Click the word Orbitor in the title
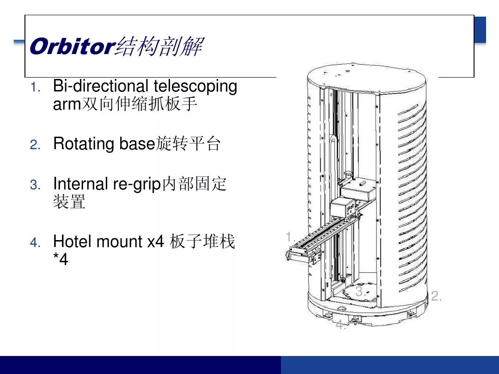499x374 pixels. [x=72, y=47]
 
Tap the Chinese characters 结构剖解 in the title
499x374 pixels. [x=159, y=47]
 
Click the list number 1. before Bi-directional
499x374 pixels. [x=36, y=87]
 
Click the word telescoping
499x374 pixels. [x=195, y=87]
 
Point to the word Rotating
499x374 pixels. [x=84, y=144]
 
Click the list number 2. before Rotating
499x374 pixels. [x=35, y=145]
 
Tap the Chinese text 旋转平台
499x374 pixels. [x=188, y=144]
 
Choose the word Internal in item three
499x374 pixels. [x=80, y=183]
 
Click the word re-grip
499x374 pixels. [x=137, y=184]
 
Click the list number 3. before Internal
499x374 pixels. [x=35, y=185]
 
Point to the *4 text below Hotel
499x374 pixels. [x=61, y=259]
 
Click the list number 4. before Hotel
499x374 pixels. [x=35, y=243]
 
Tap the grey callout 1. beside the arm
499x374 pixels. [x=291, y=236]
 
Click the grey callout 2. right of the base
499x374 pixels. [x=437, y=296]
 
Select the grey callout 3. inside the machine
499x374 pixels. [x=360, y=291]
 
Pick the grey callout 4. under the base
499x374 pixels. [x=341, y=325]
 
